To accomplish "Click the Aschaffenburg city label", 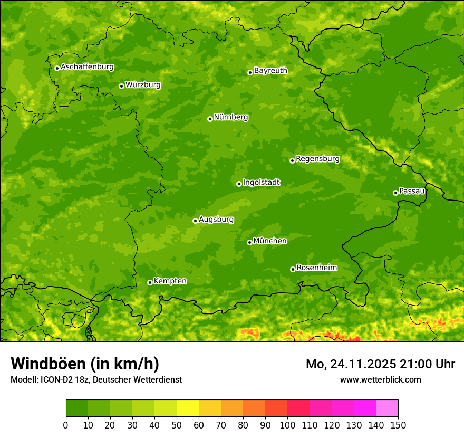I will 87,67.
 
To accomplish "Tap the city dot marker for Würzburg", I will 121,86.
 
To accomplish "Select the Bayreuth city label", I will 270,70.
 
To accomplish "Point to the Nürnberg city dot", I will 210,119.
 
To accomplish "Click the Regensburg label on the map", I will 317,158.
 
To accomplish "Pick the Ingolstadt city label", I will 261,182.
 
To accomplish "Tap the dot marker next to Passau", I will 395,193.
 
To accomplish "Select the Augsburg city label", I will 216,219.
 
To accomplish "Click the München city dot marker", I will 249,242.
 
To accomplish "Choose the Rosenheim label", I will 316,268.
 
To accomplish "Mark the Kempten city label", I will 170,281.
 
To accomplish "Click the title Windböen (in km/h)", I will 85,364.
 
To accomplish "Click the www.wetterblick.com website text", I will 380,379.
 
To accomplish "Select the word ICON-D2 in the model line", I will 55,379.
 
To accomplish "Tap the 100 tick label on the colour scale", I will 287,425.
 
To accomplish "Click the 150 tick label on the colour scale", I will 398,425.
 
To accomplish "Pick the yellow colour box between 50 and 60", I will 188,408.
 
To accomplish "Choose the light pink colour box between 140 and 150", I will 387,408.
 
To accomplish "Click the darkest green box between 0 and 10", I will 77,408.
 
